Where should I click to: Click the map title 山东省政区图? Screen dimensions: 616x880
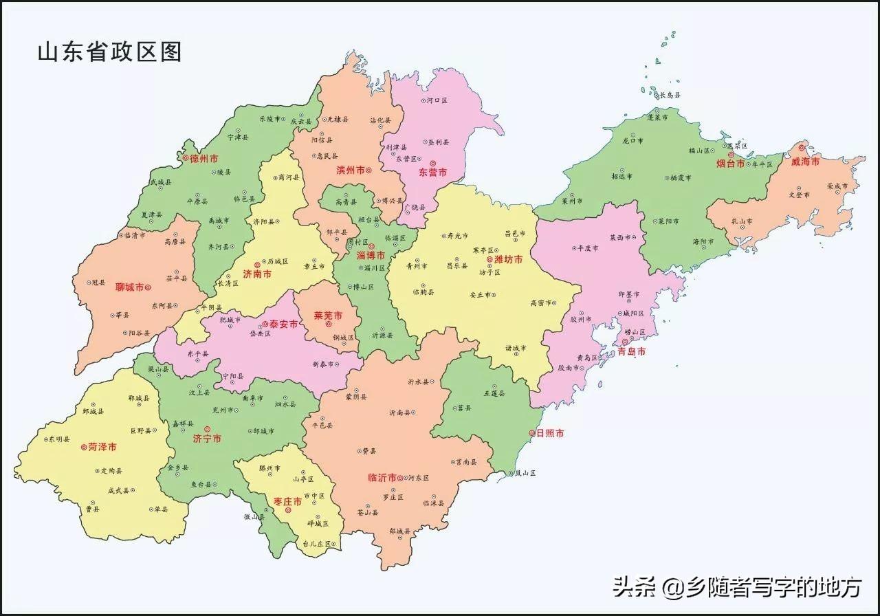coord(109,52)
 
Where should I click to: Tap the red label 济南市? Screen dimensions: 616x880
coord(257,274)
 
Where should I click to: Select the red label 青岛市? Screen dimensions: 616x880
coord(631,351)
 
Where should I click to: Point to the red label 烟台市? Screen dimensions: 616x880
coord(730,164)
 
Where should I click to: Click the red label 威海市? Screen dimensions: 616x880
coord(805,162)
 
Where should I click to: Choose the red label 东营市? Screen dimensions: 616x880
coord(432,173)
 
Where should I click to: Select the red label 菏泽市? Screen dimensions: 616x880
coord(102,447)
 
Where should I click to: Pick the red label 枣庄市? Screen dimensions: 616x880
coord(287,502)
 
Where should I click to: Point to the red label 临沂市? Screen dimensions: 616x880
coord(382,477)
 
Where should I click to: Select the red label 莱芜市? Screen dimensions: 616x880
coord(328,316)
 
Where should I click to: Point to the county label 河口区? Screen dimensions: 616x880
coord(437,100)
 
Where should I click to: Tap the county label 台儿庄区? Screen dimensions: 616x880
coord(318,544)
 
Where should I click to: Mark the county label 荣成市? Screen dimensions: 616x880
coord(838,186)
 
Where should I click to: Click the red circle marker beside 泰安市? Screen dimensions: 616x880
coord(265,324)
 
